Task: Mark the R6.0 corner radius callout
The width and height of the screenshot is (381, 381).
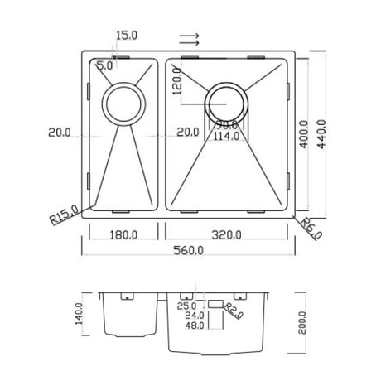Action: pyautogui.click(x=311, y=225)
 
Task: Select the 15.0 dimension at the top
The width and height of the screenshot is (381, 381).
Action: pyautogui.click(x=127, y=35)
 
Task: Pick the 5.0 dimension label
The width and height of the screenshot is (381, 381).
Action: pyautogui.click(x=105, y=64)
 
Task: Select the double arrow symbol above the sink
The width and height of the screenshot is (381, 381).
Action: pyautogui.click(x=188, y=38)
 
